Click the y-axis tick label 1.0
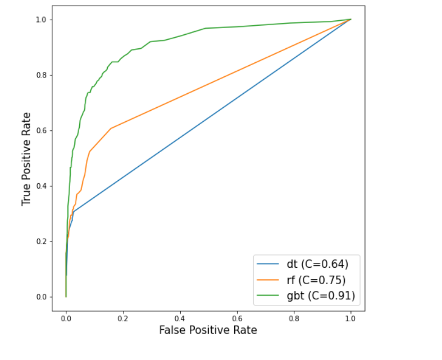[41, 20]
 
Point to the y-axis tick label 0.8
[41, 75]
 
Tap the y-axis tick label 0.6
[41, 130]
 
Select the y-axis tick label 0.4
[41, 186]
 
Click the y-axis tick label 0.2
[41, 241]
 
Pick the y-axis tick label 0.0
[41, 297]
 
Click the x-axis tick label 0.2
[123, 318]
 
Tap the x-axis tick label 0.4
[180, 318]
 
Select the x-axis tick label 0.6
[237, 318]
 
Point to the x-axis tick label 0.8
[294, 318]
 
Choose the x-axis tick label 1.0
[351, 318]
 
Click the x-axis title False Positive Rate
[208, 330]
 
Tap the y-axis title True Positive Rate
[26, 158]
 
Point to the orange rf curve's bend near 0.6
[111, 129]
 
